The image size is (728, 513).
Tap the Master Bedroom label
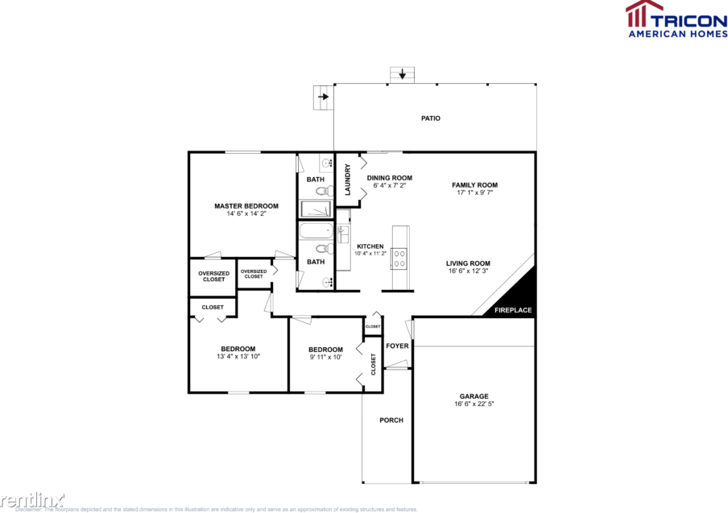point(246,206)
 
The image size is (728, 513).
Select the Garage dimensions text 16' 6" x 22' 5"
point(474,404)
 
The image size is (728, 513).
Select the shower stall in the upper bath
point(316,209)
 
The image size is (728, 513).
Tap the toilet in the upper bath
point(322,192)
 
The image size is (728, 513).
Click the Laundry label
point(348,180)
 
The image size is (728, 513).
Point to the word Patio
point(431,118)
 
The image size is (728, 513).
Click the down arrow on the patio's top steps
point(402,76)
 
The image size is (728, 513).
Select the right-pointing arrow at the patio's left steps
point(323,97)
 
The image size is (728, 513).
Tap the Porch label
point(391,420)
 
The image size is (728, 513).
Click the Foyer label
point(397,346)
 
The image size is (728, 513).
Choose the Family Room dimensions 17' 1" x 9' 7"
point(474,193)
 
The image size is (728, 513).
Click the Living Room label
point(469,263)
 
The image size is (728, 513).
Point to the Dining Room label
point(390,178)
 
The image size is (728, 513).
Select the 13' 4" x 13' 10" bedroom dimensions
point(238,356)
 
